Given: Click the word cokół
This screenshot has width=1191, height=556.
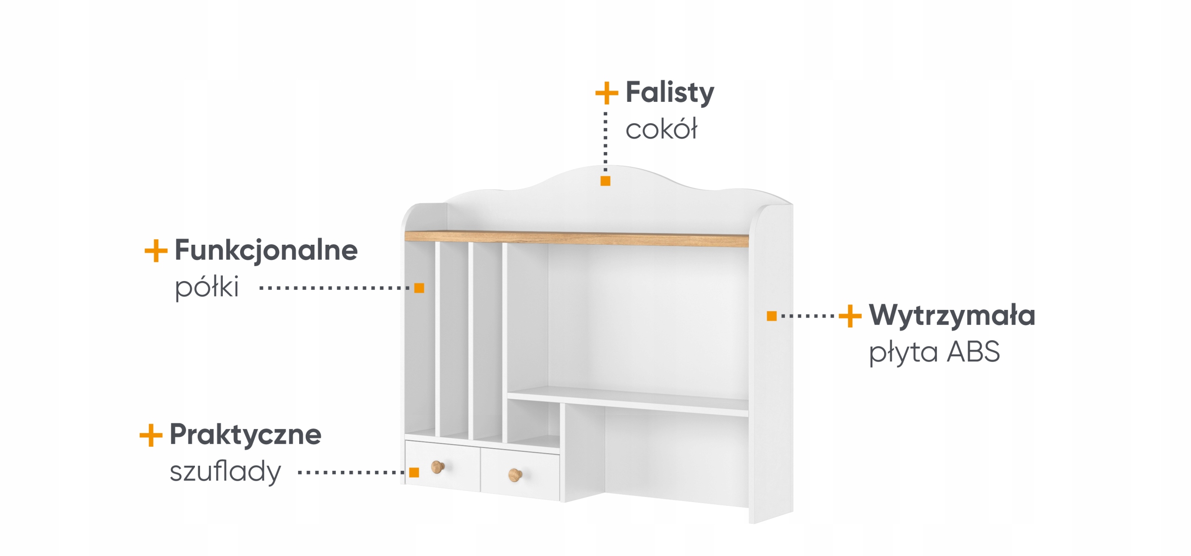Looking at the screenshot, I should [661, 129].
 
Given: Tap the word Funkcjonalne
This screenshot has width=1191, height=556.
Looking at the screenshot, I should [266, 250].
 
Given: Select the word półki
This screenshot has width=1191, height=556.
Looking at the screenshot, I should [207, 287].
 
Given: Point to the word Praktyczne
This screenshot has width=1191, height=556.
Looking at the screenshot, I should [245, 435].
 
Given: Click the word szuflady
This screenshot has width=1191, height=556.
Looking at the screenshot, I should [225, 471].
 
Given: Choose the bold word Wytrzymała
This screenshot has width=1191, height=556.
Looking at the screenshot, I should [952, 315].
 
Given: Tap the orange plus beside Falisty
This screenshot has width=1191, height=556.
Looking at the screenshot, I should [607, 93].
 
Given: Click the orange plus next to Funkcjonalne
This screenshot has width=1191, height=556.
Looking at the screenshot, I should [156, 251].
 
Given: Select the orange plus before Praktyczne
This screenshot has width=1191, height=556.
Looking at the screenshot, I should [151, 435].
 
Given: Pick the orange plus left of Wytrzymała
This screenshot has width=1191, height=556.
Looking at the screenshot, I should [850, 316].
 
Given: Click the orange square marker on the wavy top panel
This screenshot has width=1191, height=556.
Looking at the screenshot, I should [605, 181].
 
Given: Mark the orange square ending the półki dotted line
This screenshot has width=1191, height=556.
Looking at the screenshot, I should [419, 288].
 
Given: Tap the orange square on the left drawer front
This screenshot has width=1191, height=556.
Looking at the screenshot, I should [414, 473].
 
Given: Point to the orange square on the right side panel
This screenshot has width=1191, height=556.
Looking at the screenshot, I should [771, 316].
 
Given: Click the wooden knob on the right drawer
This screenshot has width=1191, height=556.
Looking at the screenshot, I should [515, 475].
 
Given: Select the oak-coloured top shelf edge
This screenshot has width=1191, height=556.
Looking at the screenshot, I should [577, 238].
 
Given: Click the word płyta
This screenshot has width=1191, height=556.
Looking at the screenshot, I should [903, 353].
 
